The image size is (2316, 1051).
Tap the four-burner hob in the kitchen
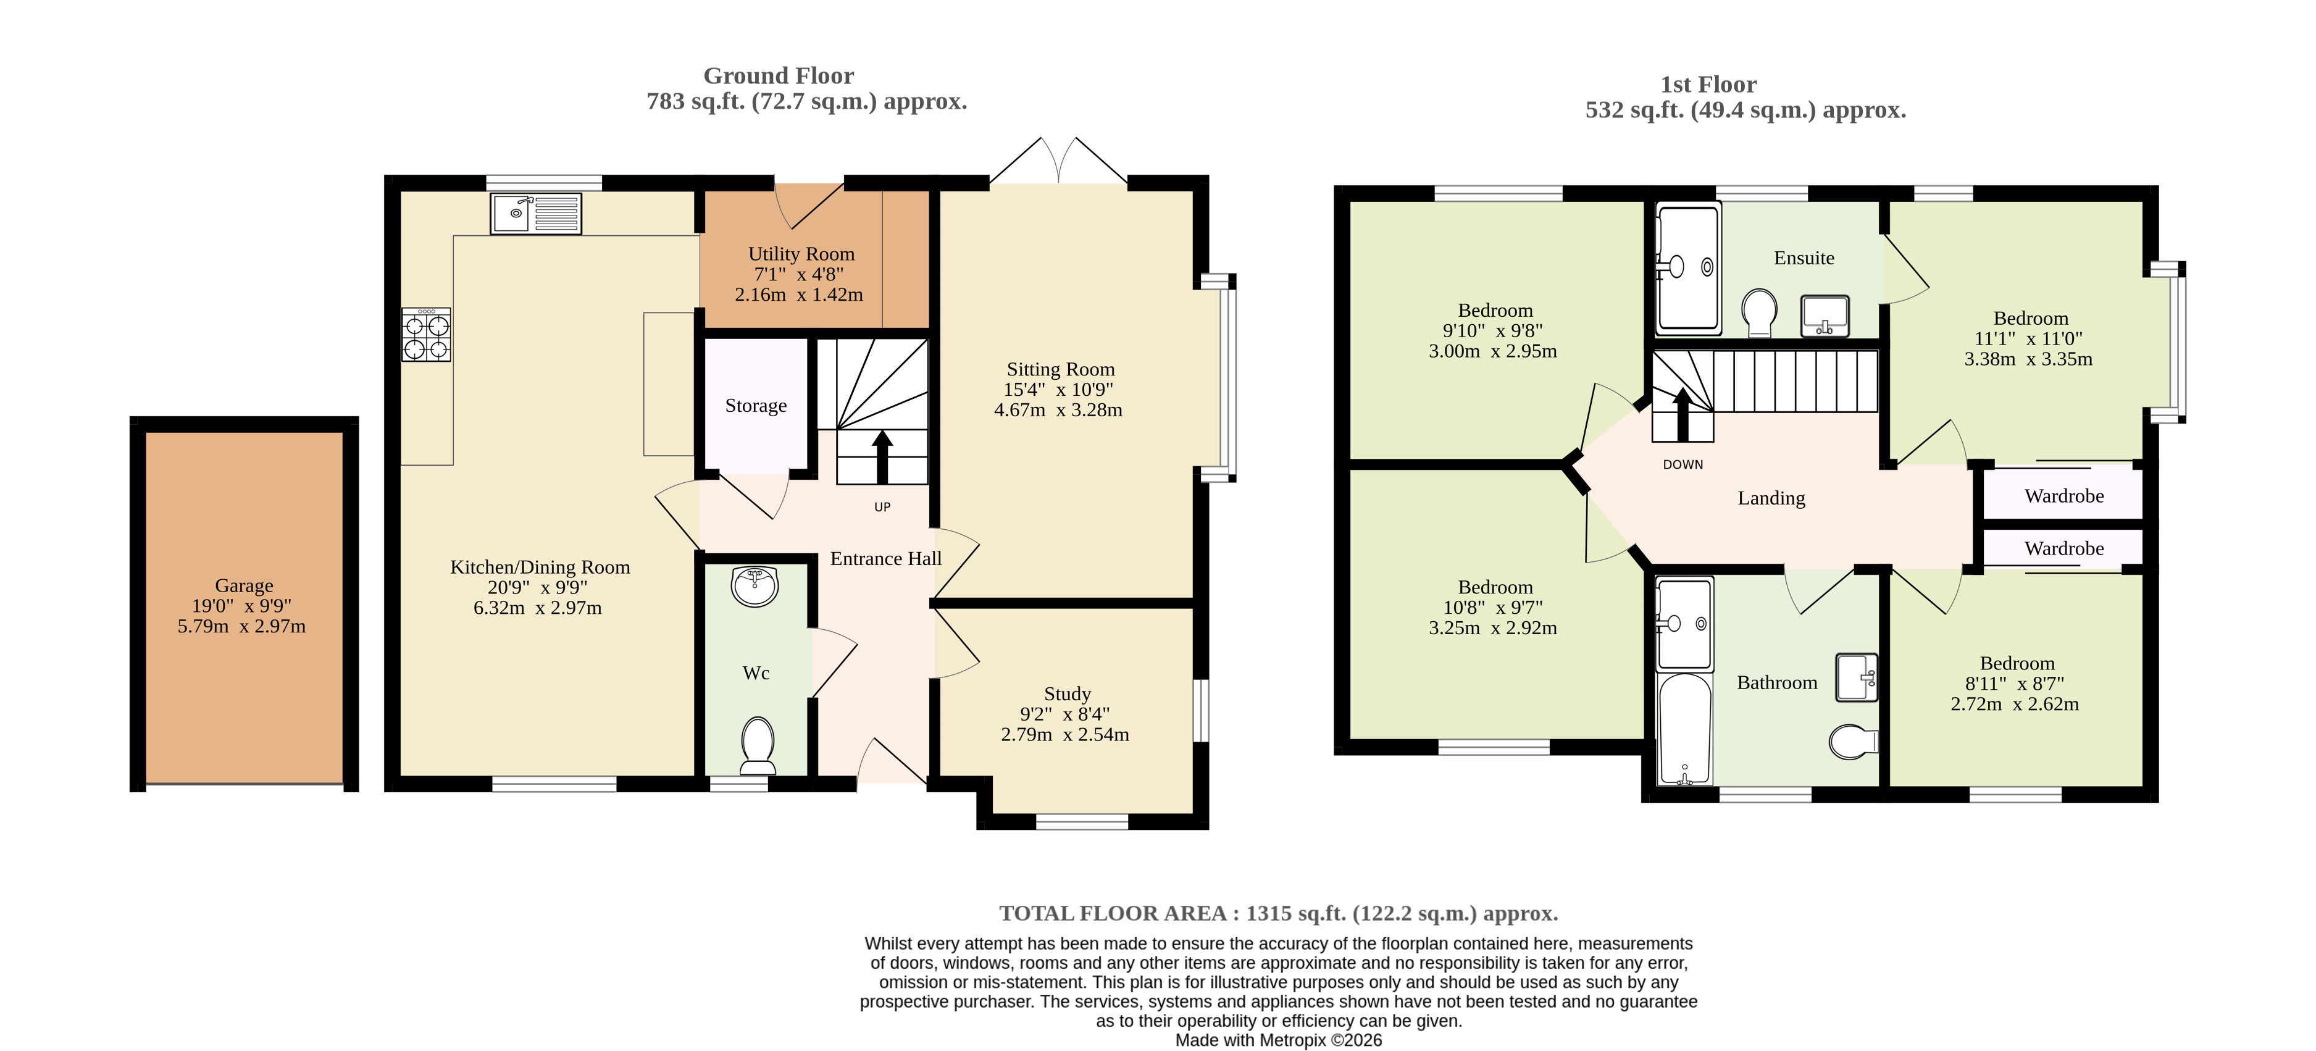[426, 335]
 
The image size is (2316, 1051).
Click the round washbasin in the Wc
[755, 586]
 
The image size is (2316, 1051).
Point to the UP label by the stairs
[882, 507]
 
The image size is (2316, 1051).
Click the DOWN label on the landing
[1682, 465]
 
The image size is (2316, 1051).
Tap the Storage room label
[756, 406]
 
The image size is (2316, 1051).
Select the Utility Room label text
[801, 254]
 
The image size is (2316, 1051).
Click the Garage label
[244, 585]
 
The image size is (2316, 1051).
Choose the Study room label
[1067, 693]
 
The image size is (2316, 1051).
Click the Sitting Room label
[1060, 369]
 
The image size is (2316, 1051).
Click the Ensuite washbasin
[1824, 316]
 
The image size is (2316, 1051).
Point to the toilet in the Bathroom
[1853, 741]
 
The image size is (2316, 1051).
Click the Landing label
[1771, 498]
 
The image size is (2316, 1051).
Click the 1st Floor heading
[1708, 85]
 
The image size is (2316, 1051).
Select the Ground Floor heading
[779, 75]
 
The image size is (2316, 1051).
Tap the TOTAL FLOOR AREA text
[1114, 913]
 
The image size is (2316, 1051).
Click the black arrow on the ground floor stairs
[882, 458]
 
